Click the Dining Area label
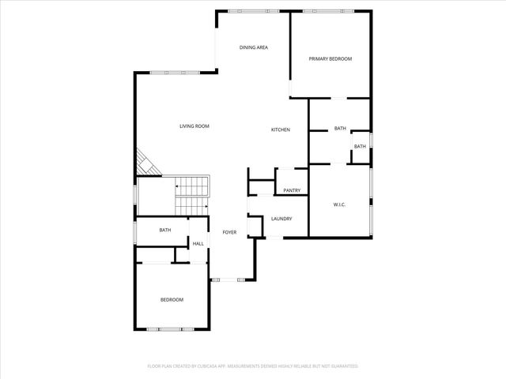coord(254,47)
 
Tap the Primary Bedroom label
coord(330,59)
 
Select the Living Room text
coord(194,126)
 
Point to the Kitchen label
coord(281,129)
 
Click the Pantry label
coord(292,190)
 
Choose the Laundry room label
coord(281,219)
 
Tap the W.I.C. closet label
coord(338,205)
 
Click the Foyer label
coord(229,232)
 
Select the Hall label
coord(198,243)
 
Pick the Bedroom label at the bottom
coord(172,300)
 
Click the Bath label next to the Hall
coord(165,231)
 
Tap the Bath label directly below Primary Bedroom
coord(340,128)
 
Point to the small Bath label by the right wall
coord(360,146)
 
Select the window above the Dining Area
coord(247,11)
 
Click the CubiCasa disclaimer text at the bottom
coord(253,366)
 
